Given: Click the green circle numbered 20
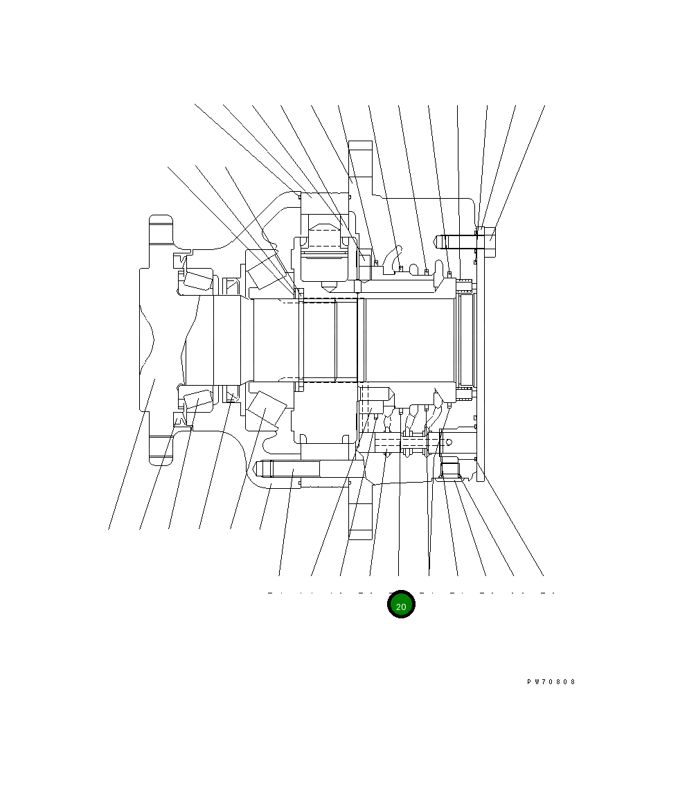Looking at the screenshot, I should point(401,605).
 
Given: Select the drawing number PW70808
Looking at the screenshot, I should point(551,682).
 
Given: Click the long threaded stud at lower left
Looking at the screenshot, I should point(287,469).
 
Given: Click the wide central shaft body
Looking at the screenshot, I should point(409,339).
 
